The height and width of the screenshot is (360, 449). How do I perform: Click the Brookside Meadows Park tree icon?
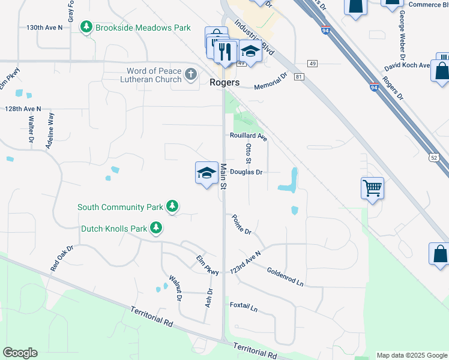tap(87, 28)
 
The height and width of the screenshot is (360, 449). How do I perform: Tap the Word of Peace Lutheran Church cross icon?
tap(191, 75)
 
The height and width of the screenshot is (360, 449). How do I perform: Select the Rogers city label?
tap(225, 82)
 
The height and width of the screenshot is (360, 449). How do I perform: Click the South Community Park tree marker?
tap(172, 207)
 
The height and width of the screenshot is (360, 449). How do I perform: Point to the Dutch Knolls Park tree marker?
tap(156, 228)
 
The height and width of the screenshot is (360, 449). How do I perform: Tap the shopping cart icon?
tap(372, 188)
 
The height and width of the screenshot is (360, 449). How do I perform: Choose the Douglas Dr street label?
tap(247, 172)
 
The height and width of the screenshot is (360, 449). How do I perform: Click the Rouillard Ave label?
tap(248, 136)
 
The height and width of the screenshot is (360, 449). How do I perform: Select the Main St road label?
tap(223, 178)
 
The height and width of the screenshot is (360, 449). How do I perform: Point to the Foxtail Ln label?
tap(244, 307)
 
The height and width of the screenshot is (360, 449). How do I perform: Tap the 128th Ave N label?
tap(23, 109)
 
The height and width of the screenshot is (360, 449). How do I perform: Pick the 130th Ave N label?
tap(44, 28)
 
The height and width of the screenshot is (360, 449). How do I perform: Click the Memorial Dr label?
tap(271, 82)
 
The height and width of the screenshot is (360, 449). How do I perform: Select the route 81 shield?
tap(300, 77)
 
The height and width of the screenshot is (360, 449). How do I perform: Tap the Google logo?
tap(20, 353)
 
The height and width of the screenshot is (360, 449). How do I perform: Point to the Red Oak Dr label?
tap(62, 258)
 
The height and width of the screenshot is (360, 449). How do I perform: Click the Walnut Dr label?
tap(175, 287)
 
